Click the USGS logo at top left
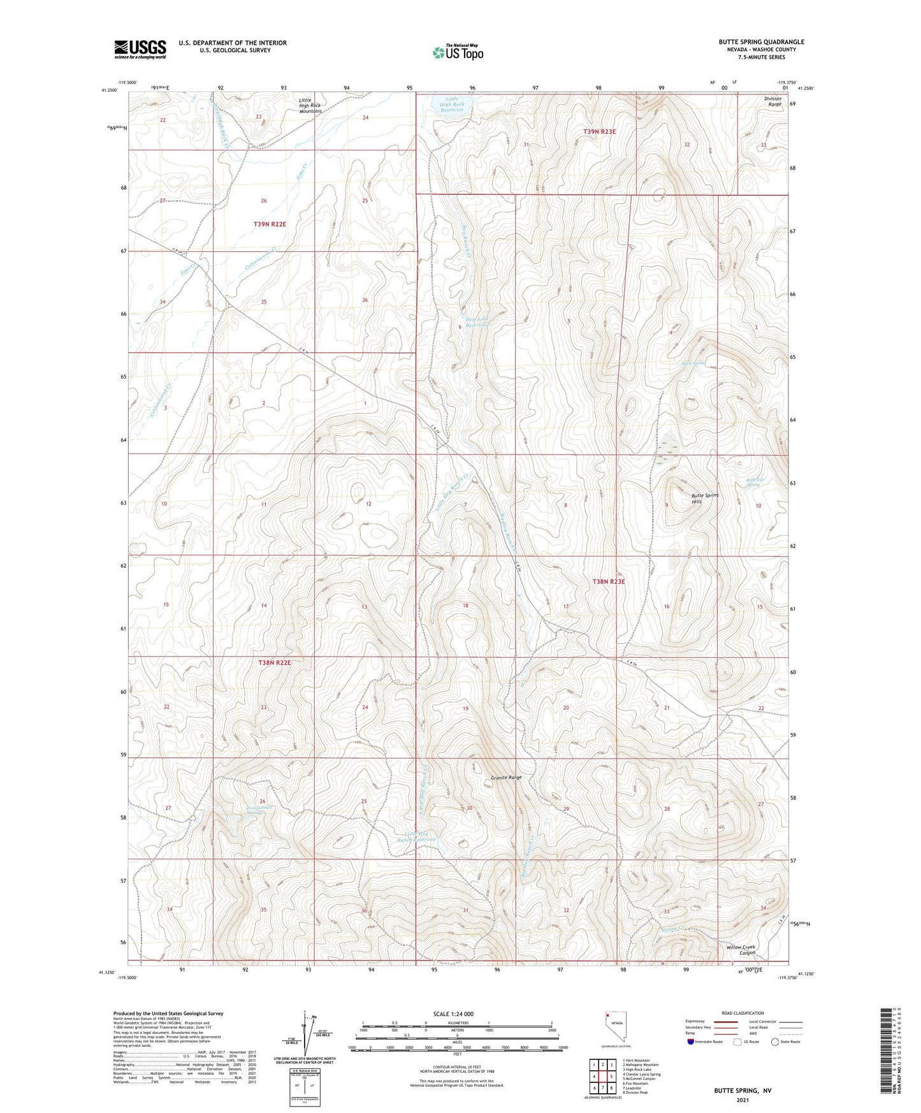coord(140,49)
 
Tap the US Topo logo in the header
coord(458,52)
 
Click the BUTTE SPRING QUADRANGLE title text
coord(761,42)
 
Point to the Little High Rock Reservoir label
coord(451,105)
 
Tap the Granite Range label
coord(507,778)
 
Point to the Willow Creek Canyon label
coord(741,950)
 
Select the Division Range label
coord(772,101)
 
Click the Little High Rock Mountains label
coord(310,106)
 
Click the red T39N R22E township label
coord(270,224)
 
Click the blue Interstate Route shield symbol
coord(690,1042)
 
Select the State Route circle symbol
coord(774,1042)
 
